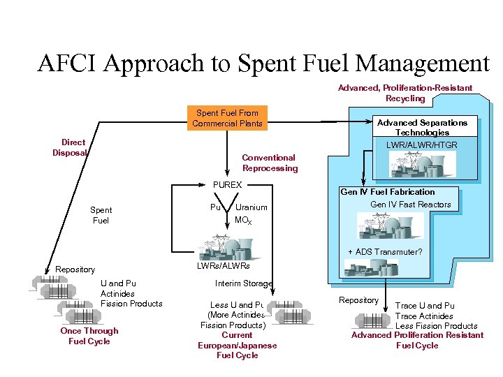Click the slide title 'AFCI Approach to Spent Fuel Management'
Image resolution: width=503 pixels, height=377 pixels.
pyautogui.click(x=263, y=64)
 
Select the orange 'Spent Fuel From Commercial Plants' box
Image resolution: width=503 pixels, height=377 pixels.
pyautogui.click(x=227, y=118)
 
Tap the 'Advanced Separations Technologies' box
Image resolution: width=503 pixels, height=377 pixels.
pyautogui.click(x=422, y=127)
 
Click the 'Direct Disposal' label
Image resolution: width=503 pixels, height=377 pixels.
pyautogui.click(x=70, y=147)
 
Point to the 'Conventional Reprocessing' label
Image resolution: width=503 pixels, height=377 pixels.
pyautogui.click(x=269, y=163)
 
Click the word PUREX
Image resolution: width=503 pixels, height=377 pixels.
pyautogui.click(x=226, y=185)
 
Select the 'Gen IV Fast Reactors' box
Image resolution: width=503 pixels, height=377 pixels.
pyautogui.click(x=410, y=205)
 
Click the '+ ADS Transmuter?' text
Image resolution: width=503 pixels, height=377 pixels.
pyautogui.click(x=385, y=252)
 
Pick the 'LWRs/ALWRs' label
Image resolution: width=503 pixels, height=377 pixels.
pyautogui.click(x=223, y=266)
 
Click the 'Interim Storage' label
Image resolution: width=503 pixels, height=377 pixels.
pyautogui.click(x=243, y=283)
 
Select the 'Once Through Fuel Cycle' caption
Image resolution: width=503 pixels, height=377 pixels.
pyautogui.click(x=89, y=336)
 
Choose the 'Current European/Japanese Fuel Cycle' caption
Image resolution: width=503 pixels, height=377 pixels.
pyautogui.click(x=237, y=346)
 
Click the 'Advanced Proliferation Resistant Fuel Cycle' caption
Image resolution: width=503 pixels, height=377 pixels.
pyautogui.click(x=417, y=340)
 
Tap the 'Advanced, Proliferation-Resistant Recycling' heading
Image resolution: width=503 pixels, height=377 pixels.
pyautogui.click(x=404, y=93)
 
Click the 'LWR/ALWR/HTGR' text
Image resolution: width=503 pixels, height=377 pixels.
pyautogui.click(x=422, y=145)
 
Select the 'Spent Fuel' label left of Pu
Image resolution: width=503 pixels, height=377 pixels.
pyautogui.click(x=101, y=215)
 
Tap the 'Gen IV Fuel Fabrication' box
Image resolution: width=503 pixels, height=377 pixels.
pyautogui.click(x=387, y=192)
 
